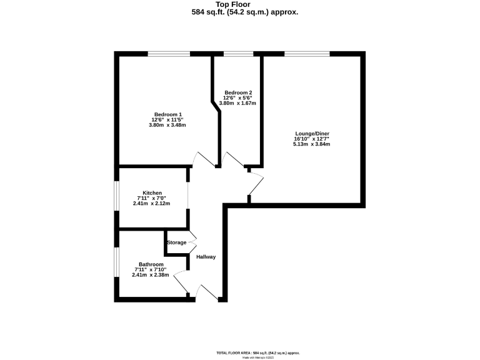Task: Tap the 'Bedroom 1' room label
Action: pyautogui.click(x=167, y=114)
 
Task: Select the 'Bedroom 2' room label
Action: pyautogui.click(x=238, y=92)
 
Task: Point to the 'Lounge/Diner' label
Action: pyautogui.click(x=312, y=133)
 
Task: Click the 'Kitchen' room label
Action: pyautogui.click(x=152, y=192)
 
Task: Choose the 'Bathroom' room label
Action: pyautogui.click(x=151, y=264)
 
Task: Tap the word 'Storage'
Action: pyautogui.click(x=177, y=242)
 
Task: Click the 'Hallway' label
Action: pyautogui.click(x=206, y=257)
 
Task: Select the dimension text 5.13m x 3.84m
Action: pyautogui.click(x=311, y=144)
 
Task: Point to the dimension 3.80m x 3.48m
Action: pyautogui.click(x=167, y=126)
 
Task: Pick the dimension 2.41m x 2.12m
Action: pyautogui.click(x=152, y=204)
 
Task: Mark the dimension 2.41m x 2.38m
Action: pyautogui.click(x=149, y=275)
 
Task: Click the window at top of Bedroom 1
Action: pyautogui.click(x=169, y=54)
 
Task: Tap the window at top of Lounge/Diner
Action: pyautogui.click(x=307, y=54)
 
